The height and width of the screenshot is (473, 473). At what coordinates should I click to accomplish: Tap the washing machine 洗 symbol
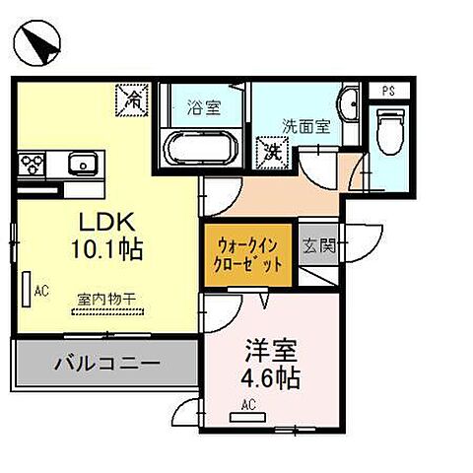(270, 152)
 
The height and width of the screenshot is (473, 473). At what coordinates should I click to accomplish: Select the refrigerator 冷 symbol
(130, 99)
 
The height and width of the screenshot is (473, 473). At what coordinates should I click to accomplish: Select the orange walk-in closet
(247, 255)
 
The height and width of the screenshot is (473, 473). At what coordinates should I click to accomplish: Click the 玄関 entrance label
(318, 246)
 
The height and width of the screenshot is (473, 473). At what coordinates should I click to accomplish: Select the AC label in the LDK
(40, 291)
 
